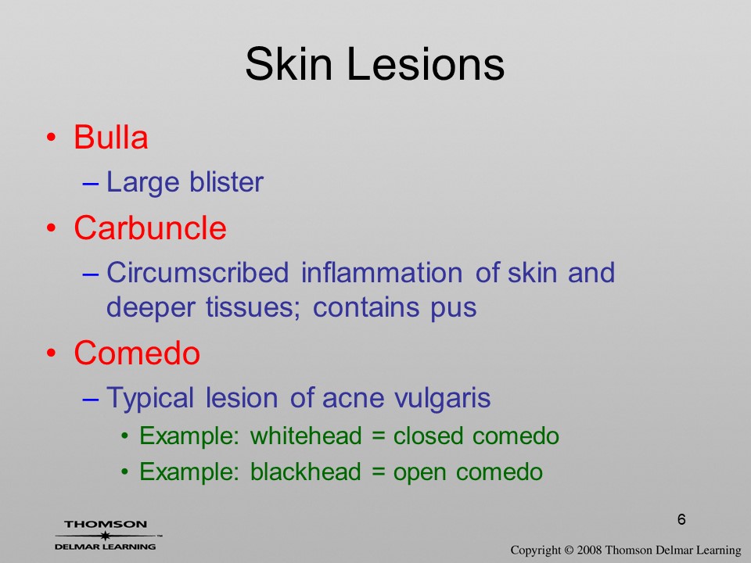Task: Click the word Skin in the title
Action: (x=289, y=63)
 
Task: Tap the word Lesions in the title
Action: (x=426, y=63)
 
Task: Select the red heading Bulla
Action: (x=110, y=138)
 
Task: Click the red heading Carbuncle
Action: (x=150, y=228)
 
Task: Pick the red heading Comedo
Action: (x=137, y=353)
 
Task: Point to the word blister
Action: (x=226, y=182)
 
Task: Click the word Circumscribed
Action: (x=198, y=272)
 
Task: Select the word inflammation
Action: (x=382, y=272)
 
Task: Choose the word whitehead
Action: (x=306, y=436)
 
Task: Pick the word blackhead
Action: (x=305, y=472)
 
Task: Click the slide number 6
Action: (x=681, y=519)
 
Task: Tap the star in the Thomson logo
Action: (x=106, y=536)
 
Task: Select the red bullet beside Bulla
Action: (x=52, y=138)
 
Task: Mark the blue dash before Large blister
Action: (x=91, y=183)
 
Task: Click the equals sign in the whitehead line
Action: (x=378, y=436)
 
